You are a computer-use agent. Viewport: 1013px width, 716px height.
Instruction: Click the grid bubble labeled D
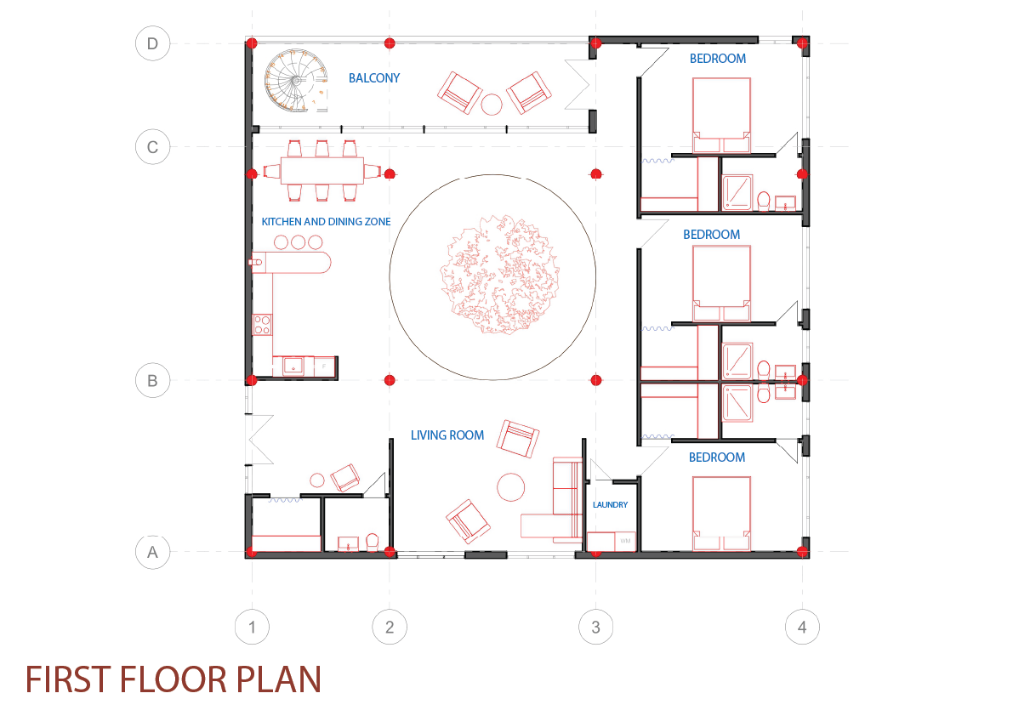pos(152,44)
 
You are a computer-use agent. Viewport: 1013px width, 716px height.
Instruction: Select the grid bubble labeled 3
pos(595,628)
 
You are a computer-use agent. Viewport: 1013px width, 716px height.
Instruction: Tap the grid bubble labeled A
pos(152,552)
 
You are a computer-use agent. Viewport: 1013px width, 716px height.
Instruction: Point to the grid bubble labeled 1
pos(252,628)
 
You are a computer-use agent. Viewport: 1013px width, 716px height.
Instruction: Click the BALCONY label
pos(374,78)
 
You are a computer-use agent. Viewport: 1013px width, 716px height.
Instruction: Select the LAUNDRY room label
pos(611,505)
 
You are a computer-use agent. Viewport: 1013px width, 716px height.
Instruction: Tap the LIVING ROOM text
pos(447,435)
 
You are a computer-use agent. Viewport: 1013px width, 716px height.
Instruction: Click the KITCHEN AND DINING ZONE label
pos(326,222)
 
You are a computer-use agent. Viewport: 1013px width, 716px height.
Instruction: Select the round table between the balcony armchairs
pos(492,104)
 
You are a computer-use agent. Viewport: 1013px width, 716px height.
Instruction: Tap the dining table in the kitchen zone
pos(322,171)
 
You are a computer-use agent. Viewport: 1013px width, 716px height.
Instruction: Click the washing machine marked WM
pos(625,541)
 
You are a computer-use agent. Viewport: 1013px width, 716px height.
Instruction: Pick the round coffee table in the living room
pos(512,487)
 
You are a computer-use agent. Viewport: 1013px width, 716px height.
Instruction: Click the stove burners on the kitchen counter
pos(262,324)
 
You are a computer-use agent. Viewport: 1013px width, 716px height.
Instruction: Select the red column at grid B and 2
pos(390,379)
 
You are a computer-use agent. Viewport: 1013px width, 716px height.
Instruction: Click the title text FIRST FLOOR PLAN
pos(174,679)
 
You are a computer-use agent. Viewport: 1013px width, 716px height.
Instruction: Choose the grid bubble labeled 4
pos(802,628)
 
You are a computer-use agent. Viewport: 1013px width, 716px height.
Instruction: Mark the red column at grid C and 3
pos(595,173)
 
